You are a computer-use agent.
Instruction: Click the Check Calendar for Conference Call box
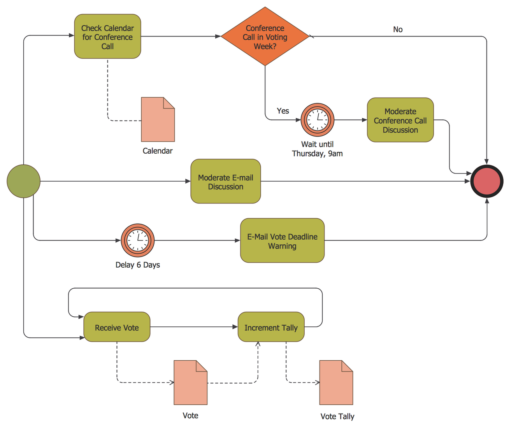[x=107, y=37]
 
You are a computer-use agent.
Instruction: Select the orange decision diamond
[x=265, y=37]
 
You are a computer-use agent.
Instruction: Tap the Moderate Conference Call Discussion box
[x=400, y=120]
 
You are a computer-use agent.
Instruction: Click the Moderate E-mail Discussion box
[x=225, y=181]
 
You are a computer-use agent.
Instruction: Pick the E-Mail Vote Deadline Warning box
[x=282, y=241]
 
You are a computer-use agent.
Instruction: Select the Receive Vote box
[x=117, y=327]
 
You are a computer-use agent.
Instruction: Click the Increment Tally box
[x=271, y=327]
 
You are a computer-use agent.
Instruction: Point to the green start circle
[x=23, y=181]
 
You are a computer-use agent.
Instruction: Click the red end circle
[x=486, y=181]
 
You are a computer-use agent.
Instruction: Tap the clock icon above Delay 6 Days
[x=138, y=240]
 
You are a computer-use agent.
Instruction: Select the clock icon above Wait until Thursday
[x=318, y=120]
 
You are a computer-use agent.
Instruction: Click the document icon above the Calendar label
[x=158, y=119]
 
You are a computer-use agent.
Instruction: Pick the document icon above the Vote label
[x=190, y=382]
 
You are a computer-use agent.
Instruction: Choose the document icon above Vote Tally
[x=336, y=382]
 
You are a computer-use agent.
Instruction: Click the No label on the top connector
[x=398, y=30]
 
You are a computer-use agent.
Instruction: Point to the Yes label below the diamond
[x=283, y=111]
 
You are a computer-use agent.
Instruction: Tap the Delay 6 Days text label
[x=138, y=265]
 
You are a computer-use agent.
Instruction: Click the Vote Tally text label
[x=337, y=416]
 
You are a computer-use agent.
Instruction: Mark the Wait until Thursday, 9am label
[x=317, y=149]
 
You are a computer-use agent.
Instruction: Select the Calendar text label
[x=157, y=151]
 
